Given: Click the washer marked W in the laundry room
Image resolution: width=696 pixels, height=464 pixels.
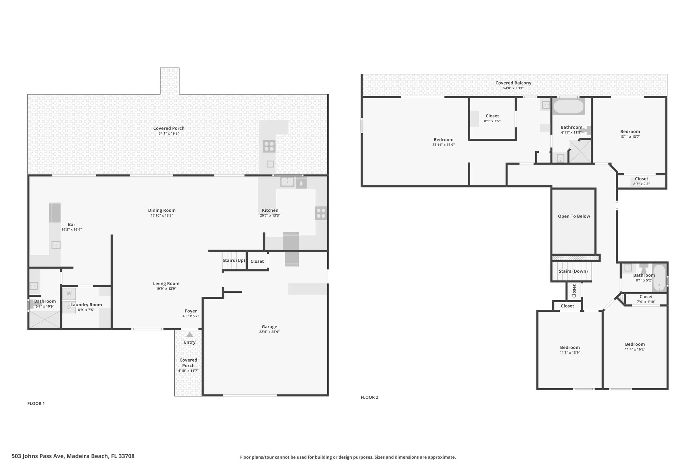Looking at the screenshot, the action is (69, 294).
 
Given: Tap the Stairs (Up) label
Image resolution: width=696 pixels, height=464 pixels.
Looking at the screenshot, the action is (234, 260).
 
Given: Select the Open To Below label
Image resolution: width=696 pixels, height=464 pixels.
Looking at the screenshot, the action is (574, 216).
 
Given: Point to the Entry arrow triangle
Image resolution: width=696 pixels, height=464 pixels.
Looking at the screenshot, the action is (190, 334).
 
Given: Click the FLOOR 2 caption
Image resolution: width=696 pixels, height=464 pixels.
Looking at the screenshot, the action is (369, 397).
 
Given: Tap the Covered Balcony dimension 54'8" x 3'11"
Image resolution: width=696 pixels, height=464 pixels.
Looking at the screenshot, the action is (513, 88).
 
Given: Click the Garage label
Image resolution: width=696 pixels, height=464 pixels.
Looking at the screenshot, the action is (269, 327).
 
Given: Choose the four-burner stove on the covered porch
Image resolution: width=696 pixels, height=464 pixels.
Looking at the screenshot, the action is (269, 147).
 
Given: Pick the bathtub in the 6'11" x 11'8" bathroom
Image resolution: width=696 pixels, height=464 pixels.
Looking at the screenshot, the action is (568, 106).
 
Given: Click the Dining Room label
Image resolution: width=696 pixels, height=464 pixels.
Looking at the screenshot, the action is (162, 210).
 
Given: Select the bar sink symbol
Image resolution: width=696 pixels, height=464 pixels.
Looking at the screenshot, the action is (56, 245).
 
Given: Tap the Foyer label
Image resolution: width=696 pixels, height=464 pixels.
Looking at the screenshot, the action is (191, 311).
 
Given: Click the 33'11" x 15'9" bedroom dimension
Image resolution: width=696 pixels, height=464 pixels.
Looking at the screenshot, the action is (443, 145).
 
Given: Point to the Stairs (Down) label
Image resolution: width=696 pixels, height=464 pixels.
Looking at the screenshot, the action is (573, 271).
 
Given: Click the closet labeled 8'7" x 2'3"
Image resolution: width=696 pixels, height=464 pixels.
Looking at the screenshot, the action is (641, 181).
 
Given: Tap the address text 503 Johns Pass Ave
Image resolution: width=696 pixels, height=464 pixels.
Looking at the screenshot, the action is (38, 456).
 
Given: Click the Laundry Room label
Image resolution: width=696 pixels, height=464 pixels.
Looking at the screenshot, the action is (86, 305).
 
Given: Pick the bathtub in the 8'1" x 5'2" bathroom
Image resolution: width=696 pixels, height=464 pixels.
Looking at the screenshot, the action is (659, 278).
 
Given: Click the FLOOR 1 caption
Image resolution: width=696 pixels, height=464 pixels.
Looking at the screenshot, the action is (36, 403).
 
